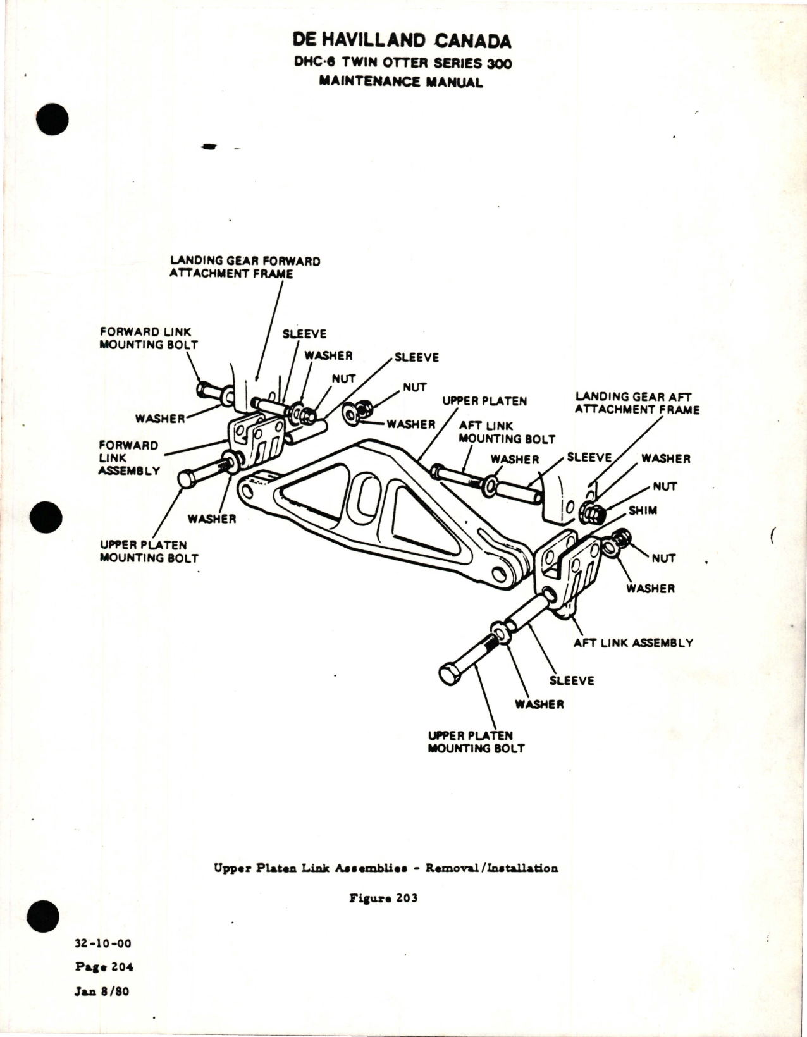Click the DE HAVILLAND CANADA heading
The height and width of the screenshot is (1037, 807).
pos(402,41)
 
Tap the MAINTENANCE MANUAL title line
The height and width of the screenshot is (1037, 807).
pos(401,82)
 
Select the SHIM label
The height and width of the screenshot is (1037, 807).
pos(643,510)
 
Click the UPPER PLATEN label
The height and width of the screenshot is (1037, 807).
pos(484,401)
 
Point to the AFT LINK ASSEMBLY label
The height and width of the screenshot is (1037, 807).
pos(633,642)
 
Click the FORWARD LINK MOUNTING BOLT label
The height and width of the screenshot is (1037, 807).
pos(149,338)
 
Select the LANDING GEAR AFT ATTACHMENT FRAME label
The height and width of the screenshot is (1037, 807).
pos(637,403)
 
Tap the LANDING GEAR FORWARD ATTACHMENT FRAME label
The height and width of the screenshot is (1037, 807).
pos(244,267)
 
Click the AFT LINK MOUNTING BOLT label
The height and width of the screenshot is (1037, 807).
pos(507,432)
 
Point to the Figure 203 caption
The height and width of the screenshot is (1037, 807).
pos(383,898)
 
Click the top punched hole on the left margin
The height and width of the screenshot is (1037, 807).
pos(52,119)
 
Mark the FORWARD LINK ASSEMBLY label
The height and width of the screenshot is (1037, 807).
pos(128,458)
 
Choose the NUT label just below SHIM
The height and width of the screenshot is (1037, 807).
pos(663,558)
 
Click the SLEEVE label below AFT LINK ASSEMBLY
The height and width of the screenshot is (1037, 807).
pos(572,680)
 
